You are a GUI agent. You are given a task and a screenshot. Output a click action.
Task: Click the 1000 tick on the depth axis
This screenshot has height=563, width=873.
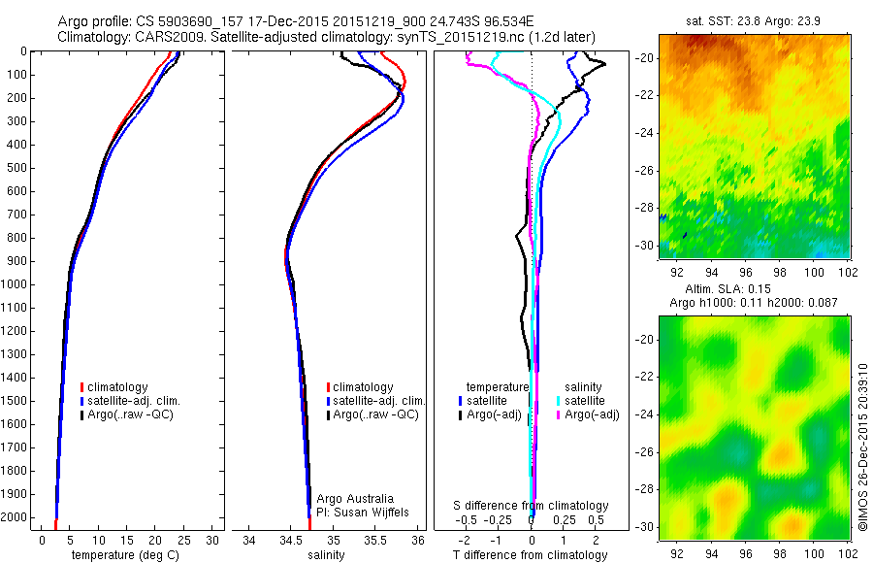19,284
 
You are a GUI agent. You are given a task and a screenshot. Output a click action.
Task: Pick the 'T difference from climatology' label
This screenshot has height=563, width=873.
532,555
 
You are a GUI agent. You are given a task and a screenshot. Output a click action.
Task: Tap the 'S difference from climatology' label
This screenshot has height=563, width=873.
532,506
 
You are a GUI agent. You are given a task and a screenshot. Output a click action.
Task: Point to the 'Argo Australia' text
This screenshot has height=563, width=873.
356,498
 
